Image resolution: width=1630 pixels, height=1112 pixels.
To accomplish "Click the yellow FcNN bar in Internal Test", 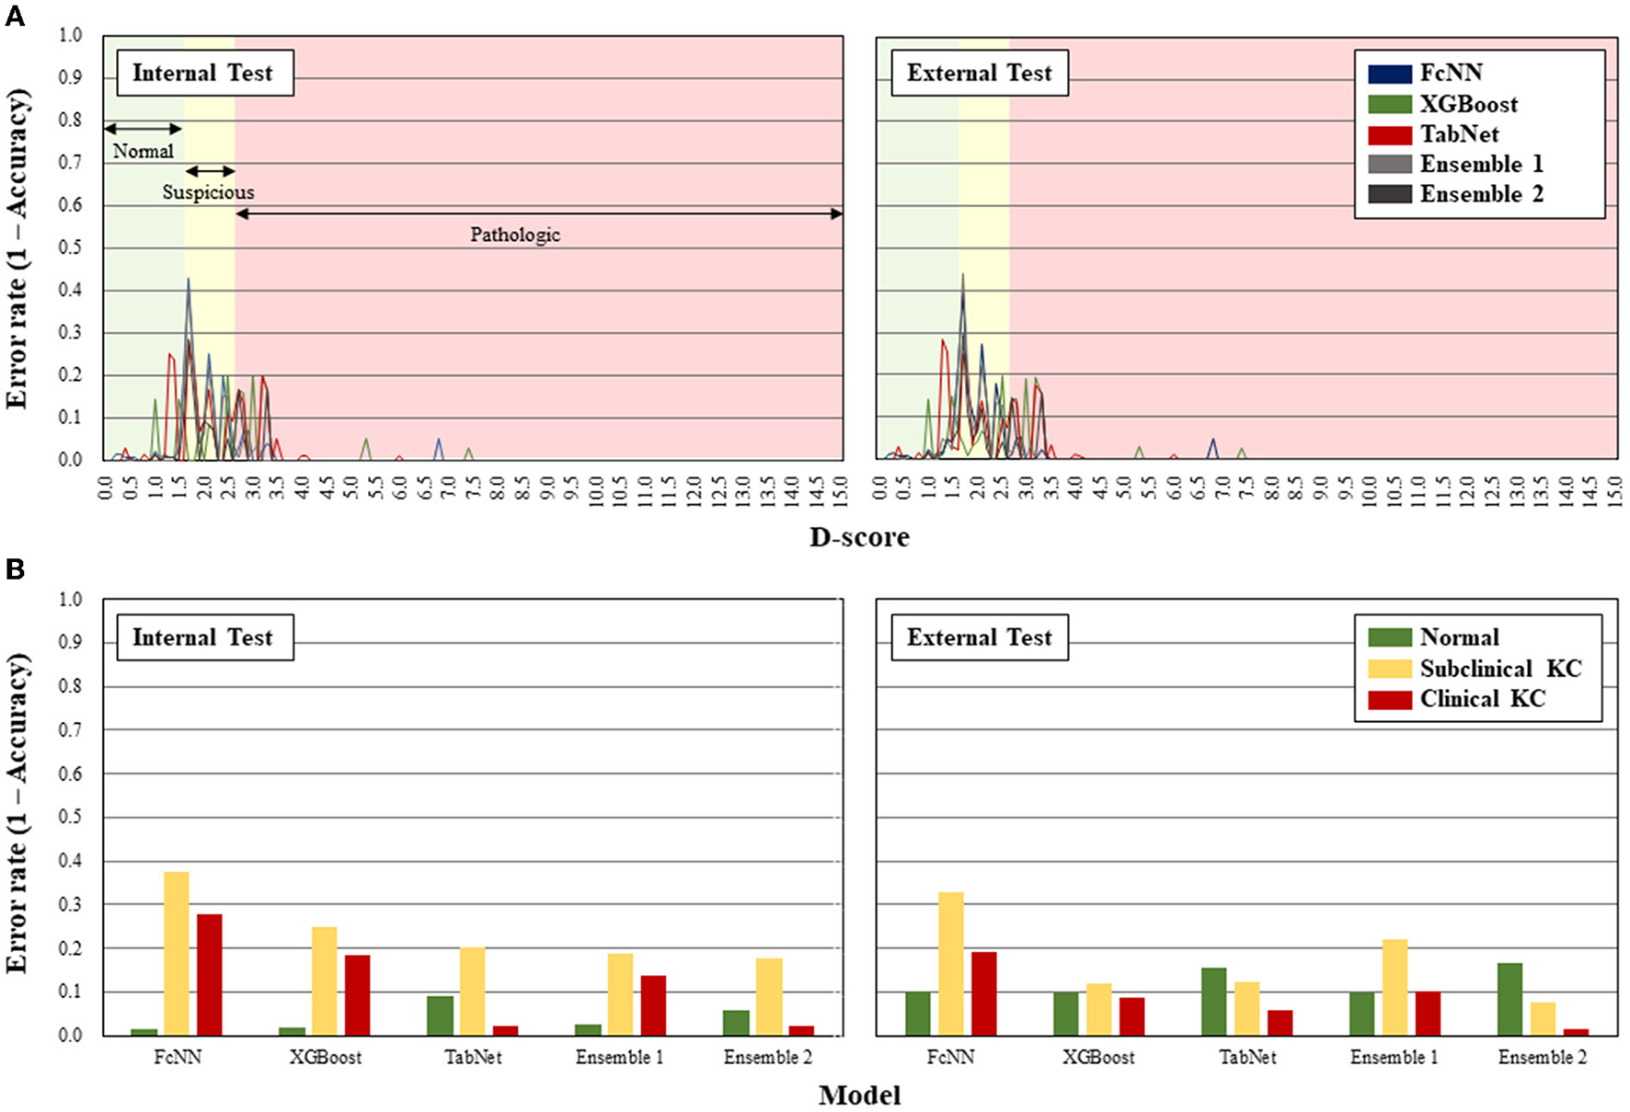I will click(177, 953).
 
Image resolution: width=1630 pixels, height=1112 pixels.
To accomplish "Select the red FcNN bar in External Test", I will click(983, 993).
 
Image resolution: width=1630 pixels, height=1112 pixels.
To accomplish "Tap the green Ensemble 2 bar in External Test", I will click(1509, 999).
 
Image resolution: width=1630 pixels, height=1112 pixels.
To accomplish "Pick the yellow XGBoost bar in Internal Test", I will click(324, 980).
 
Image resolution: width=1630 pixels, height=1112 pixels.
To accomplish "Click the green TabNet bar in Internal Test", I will click(440, 1015).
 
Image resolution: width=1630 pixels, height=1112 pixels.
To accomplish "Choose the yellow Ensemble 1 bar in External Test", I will click(1395, 987).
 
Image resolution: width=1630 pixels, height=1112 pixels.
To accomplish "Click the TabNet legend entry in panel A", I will click(1459, 134).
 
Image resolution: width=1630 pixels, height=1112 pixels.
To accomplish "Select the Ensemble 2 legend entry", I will click(1480, 194).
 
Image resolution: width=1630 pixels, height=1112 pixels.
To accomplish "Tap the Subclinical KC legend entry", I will click(1499, 669).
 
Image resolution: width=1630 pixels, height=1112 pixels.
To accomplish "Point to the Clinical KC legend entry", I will click(1481, 699).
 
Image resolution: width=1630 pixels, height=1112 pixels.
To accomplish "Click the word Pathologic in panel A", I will click(515, 235).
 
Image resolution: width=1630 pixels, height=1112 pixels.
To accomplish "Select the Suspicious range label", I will click(209, 192).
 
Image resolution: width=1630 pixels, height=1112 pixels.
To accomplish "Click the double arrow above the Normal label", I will click(143, 129).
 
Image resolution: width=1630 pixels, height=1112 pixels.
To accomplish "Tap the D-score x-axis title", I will click(859, 537).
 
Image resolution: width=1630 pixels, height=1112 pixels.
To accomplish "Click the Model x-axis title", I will click(859, 1095).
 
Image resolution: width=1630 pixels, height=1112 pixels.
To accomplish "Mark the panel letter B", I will click(15, 569).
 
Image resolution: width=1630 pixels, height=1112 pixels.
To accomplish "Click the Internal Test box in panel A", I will click(204, 74).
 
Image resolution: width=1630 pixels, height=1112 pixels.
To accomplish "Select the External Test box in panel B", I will click(979, 637).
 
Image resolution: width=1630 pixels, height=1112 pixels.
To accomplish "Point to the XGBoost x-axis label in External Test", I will click(1098, 1058).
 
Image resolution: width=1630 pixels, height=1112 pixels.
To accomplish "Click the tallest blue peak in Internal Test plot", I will click(189, 281).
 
